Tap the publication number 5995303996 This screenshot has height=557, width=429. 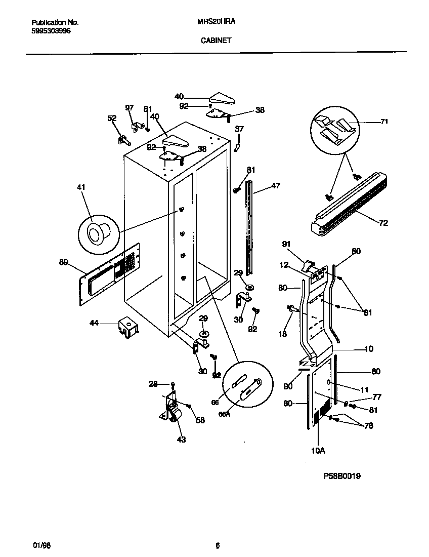pos(51,31)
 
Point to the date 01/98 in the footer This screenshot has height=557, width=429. pos(42,545)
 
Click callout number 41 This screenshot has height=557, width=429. pos(81,188)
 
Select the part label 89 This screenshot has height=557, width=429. pos(63,262)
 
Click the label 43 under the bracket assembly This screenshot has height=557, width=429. pos(181,440)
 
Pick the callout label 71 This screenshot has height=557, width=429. pos(384,122)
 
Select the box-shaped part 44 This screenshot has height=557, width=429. pos(129,328)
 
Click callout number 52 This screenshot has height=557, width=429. pos(112,118)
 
